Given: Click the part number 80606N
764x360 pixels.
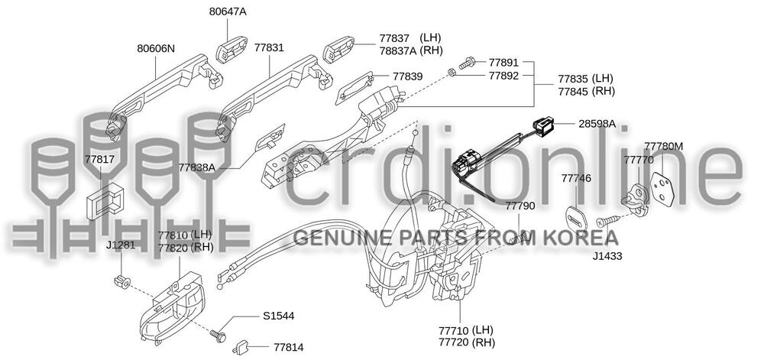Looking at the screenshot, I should (x=156, y=49).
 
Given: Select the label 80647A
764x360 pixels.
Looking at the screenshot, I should (x=229, y=12).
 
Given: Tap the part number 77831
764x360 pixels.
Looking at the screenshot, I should (x=269, y=47).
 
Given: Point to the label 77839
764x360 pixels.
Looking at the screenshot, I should (x=408, y=76).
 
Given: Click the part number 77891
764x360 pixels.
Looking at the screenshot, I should (x=503, y=61).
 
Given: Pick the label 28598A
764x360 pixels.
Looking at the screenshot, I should (x=597, y=123).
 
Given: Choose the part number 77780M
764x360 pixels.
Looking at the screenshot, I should (x=663, y=145).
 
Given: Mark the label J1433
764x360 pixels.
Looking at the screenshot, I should (x=607, y=256).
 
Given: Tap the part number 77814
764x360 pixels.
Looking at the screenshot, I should (x=288, y=347).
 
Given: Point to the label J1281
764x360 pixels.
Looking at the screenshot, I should (x=121, y=245).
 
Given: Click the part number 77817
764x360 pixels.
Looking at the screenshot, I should (x=99, y=159).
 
